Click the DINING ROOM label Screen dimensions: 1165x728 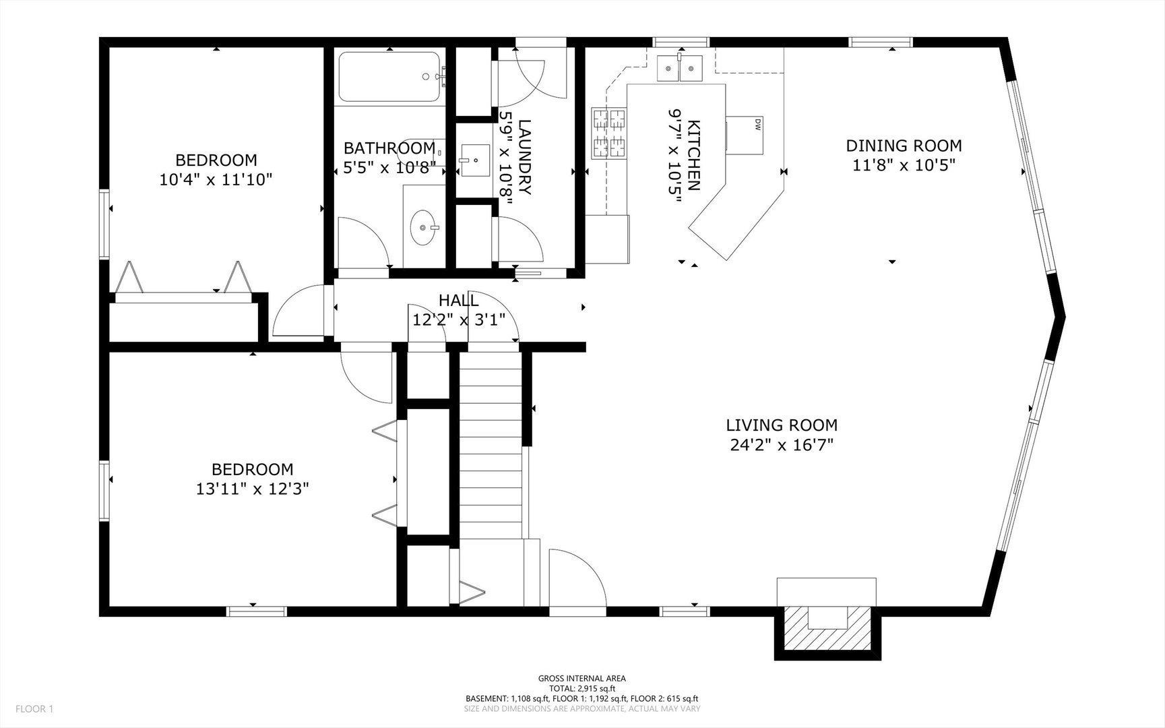pyautogui.click(x=904, y=146)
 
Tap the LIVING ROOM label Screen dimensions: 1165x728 pyautogui.click(x=782, y=425)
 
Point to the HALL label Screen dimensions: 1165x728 pyautogui.click(x=459, y=300)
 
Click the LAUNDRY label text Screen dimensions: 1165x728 pyautogui.click(x=526, y=157)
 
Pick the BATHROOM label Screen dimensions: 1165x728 pyautogui.click(x=389, y=148)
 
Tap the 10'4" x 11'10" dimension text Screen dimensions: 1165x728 pyautogui.click(x=216, y=180)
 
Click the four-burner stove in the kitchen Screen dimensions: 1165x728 pyautogui.click(x=609, y=133)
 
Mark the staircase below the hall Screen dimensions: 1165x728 pyautogui.click(x=491, y=445)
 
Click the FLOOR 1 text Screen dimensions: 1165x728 pyautogui.click(x=34, y=708)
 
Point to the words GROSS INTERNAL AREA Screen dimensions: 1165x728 pyautogui.click(x=582, y=678)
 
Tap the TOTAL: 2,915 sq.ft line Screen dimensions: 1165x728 pyautogui.click(x=582, y=688)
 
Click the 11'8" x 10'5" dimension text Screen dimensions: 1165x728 pyautogui.click(x=904, y=165)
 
